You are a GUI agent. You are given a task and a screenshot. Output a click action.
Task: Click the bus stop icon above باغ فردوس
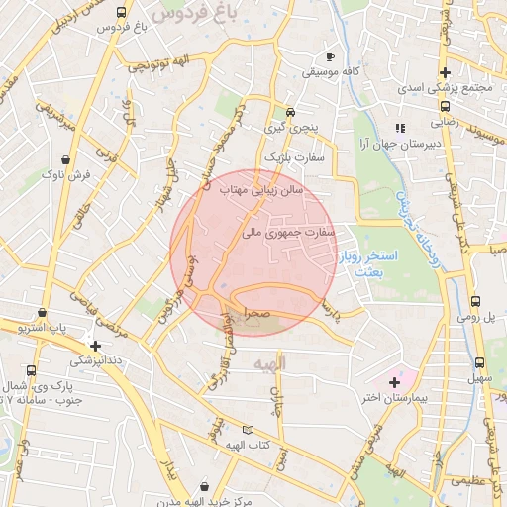121,14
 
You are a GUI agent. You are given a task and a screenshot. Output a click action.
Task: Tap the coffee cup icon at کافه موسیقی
331,56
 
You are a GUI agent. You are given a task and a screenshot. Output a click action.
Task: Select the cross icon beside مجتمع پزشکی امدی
446,72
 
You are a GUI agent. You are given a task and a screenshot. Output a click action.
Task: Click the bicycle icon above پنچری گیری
290,112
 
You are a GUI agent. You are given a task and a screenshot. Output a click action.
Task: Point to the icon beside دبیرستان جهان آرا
400,128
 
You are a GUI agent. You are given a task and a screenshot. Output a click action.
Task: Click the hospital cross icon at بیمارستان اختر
394,381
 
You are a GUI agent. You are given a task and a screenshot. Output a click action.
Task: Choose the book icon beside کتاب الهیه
248,431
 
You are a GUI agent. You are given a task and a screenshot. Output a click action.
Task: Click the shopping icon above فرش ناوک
65,158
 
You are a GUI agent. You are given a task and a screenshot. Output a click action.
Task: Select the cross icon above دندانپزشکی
95,347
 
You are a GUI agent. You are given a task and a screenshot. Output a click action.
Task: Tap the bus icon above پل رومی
475,301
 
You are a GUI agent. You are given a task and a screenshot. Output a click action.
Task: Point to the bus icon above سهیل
479,362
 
